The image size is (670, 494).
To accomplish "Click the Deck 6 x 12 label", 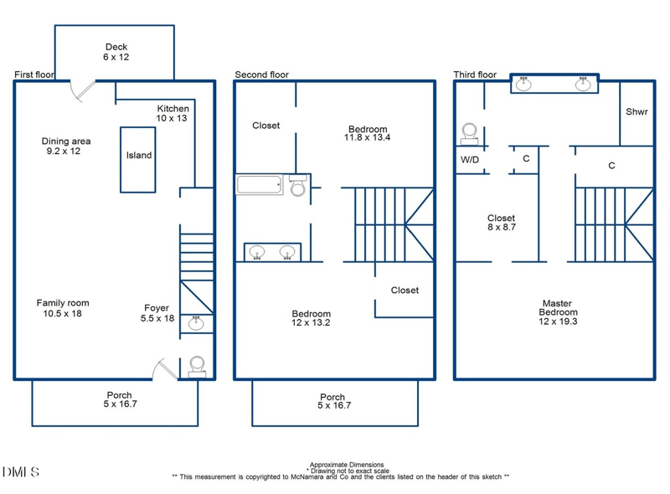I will point(116,52).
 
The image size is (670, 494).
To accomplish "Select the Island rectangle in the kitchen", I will point(139,159).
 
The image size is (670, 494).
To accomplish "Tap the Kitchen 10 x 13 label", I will point(173,114).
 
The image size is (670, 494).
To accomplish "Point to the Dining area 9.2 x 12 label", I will point(66,147).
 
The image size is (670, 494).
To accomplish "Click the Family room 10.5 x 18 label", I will point(63,308).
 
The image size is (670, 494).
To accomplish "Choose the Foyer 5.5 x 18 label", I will point(157,313).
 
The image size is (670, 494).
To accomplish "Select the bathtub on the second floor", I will point(261,184).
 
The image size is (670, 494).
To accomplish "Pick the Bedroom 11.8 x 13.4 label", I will point(368,133).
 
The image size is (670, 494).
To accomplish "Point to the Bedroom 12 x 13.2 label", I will point(311,318).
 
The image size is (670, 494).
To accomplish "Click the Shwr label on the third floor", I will point(636,111).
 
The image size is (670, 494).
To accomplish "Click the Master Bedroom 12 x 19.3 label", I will point(557,312).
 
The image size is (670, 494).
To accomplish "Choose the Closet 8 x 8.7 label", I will point(501,222).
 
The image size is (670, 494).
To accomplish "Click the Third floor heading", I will point(476,75).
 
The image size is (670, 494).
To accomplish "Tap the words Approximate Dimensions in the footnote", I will point(347,464).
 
